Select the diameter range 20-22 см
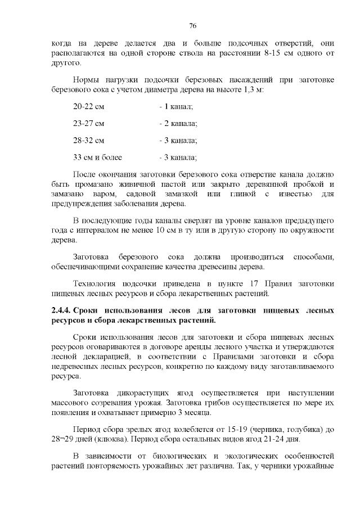pos(89,106)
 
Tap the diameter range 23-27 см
pos(89,123)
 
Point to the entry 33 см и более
pos(97,157)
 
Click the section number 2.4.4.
pos(61,310)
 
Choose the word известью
pos(296,193)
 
